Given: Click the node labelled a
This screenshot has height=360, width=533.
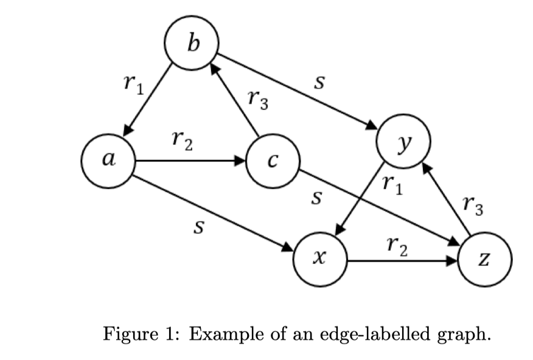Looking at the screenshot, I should coord(108,161).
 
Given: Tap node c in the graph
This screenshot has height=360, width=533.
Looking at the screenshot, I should coord(273,162).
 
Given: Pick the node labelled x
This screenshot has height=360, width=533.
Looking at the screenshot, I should coord(320,260).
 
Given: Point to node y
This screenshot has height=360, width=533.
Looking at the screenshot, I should coord(403,140).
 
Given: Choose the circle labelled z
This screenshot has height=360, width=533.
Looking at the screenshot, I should coord(485,260).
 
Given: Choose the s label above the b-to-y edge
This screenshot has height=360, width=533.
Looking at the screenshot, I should coord(317,81).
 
